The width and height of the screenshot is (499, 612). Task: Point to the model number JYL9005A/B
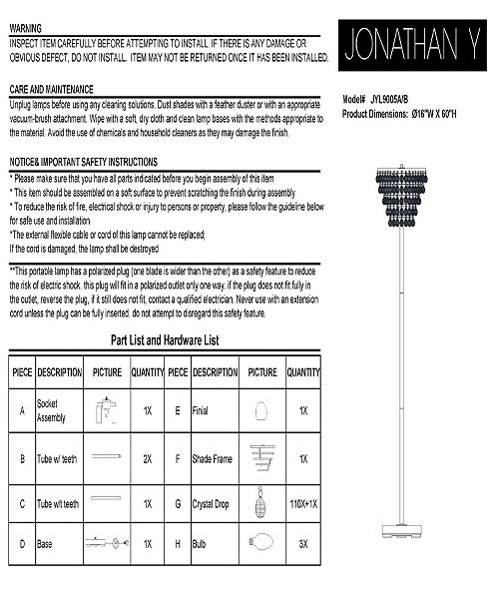[x=389, y=101]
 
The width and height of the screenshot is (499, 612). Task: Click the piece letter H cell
[x=177, y=544]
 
